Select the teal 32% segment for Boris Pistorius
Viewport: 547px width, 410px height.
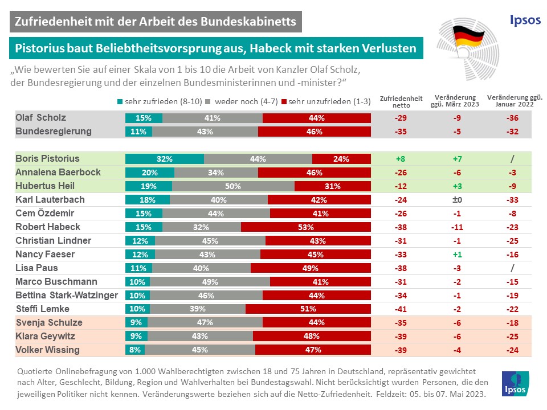(165, 159)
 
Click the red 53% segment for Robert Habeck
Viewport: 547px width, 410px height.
(306, 227)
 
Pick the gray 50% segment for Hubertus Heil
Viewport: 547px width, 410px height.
(233, 186)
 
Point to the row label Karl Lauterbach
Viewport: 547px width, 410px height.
(50, 200)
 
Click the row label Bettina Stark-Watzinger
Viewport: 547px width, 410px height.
(67, 295)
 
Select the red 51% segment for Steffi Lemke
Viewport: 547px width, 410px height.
(308, 309)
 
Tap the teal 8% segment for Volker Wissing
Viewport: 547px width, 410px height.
(136, 350)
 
